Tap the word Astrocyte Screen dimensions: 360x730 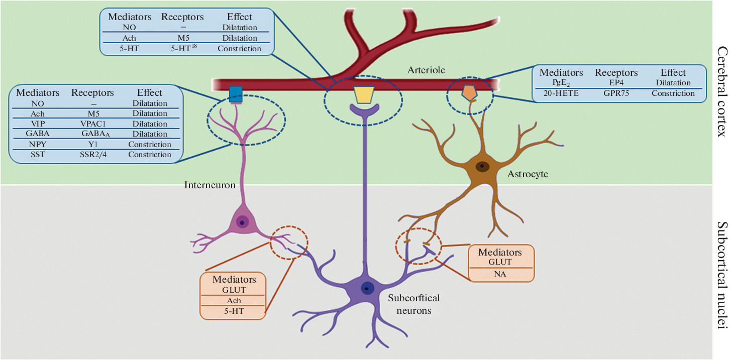point(528,174)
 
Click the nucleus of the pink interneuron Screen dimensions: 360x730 point(242,221)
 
